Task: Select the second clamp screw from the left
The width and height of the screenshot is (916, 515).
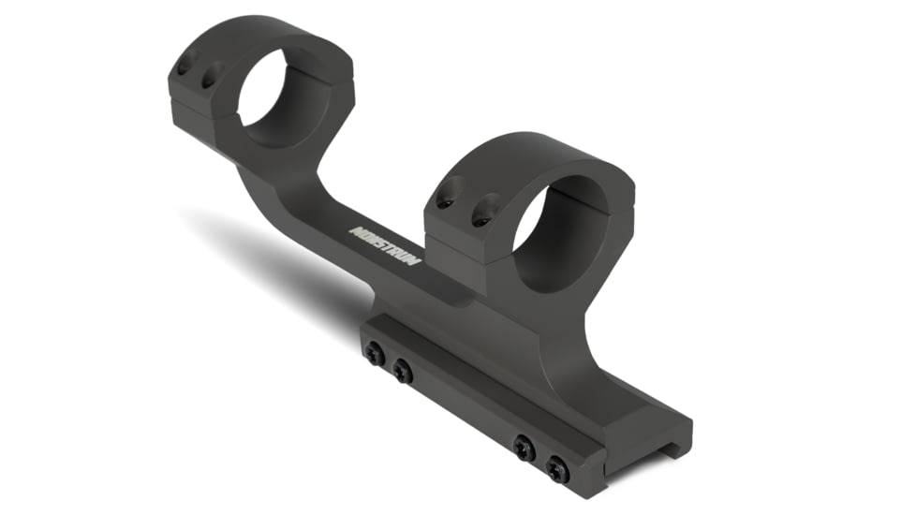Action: (x=403, y=372)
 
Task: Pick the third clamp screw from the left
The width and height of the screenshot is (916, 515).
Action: (x=524, y=447)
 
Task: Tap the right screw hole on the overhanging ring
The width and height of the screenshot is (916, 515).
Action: (x=212, y=74)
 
